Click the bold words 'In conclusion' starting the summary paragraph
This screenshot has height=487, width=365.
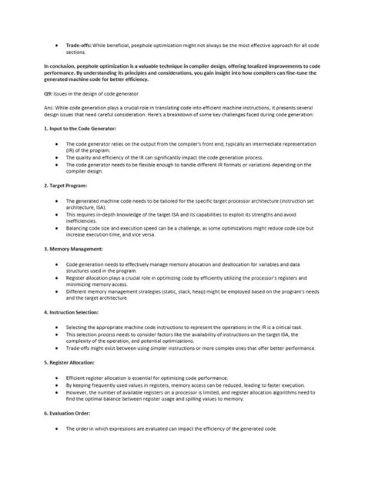[x=64, y=66]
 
